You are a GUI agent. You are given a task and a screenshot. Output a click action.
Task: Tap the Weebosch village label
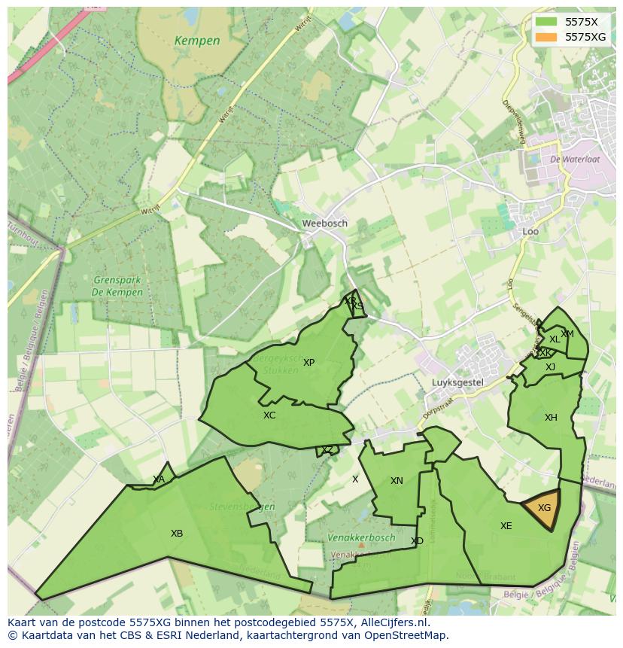(x=324, y=224)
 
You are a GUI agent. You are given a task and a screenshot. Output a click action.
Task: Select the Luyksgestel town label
(x=457, y=382)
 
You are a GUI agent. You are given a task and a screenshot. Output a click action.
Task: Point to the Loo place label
(x=530, y=232)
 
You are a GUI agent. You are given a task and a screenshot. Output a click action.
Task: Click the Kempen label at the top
(x=196, y=41)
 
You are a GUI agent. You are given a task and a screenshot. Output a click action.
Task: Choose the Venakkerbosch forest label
(x=361, y=538)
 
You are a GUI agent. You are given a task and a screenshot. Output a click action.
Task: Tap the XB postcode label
(x=177, y=534)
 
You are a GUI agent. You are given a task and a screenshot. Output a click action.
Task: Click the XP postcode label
(x=308, y=363)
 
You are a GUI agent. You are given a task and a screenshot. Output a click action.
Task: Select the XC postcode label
(x=269, y=415)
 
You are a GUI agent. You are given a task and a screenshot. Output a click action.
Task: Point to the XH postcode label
(x=551, y=418)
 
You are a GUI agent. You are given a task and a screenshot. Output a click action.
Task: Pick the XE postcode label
(x=506, y=526)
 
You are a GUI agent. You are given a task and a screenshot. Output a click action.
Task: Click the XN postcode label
(x=397, y=481)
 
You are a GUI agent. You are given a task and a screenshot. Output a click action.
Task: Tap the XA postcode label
(x=159, y=479)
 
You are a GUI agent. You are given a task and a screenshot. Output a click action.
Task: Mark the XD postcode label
(x=417, y=541)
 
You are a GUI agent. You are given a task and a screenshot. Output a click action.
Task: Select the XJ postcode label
(x=550, y=367)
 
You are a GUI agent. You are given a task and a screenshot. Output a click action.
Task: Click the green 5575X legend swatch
(x=546, y=22)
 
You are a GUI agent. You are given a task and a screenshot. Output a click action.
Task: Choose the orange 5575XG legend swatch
(x=546, y=37)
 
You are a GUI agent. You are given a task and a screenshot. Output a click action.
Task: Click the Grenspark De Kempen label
(x=117, y=287)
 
